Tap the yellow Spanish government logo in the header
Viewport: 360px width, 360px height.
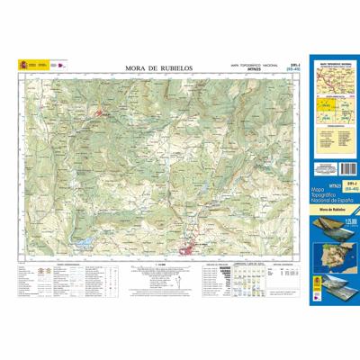(x=24, y=65)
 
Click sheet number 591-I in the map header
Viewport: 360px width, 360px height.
(x=284, y=64)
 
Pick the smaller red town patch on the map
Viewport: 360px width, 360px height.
(x=104, y=113)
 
